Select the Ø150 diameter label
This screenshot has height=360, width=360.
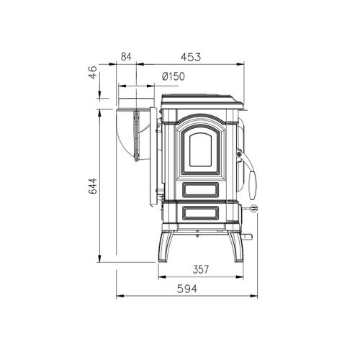click(174, 76)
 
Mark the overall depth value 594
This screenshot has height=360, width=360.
click(186, 288)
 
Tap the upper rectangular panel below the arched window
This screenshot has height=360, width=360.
click(200, 189)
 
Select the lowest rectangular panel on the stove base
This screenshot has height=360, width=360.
click(200, 212)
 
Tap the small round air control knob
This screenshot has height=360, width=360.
click(253, 208)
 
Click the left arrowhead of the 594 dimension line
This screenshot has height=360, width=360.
click(120, 295)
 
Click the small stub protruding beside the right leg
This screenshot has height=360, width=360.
click(248, 237)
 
